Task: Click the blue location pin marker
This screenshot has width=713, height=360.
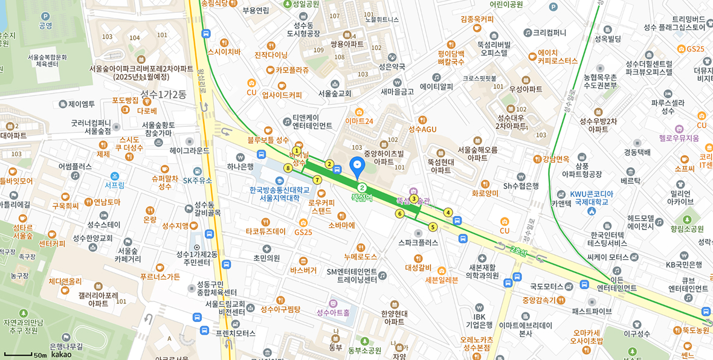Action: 357,165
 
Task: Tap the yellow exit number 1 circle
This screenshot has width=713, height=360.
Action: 296,151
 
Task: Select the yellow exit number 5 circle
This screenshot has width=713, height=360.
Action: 433,227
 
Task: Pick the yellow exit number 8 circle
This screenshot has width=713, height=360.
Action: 288,168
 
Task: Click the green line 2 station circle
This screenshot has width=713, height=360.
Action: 361,187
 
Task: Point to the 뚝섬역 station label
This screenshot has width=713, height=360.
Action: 361,198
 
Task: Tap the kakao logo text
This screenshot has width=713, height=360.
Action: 61,355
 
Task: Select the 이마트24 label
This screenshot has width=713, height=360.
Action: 359,121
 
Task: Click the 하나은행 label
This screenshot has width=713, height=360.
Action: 240,166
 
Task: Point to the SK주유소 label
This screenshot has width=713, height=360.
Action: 198,180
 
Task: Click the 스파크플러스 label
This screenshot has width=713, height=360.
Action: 418,243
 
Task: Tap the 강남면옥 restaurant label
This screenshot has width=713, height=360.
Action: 555,159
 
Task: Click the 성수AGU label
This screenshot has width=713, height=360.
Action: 422,129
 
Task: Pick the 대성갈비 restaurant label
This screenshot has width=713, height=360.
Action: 418,267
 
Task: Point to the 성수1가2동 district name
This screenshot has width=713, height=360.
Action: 164,94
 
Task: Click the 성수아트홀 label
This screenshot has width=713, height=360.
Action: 337,312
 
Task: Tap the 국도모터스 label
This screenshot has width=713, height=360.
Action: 547,286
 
